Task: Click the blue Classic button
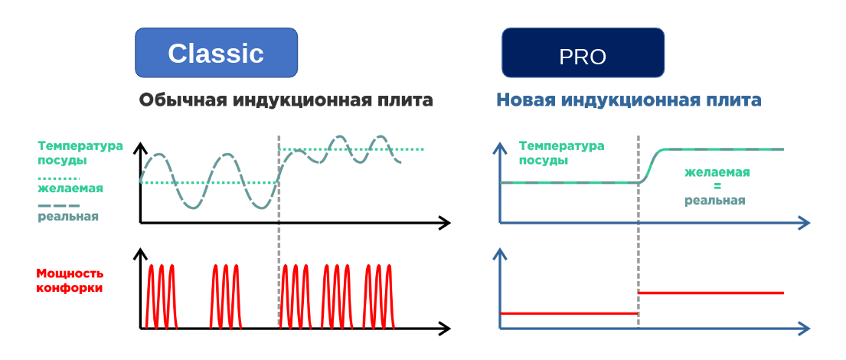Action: (x=216, y=52)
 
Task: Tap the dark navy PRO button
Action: (x=583, y=52)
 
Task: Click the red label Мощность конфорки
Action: (x=70, y=280)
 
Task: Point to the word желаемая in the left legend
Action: (x=70, y=189)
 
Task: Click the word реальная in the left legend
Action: (x=68, y=217)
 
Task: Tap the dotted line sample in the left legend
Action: (x=59, y=178)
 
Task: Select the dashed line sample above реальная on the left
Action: (x=59, y=205)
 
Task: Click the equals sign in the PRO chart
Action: (x=717, y=187)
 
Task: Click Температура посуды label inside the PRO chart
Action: (x=561, y=152)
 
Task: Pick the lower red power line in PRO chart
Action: (x=569, y=313)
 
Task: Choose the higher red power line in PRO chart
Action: (x=710, y=293)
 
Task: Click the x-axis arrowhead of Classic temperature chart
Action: (x=445, y=222)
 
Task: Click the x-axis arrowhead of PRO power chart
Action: (x=805, y=328)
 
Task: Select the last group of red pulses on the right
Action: (x=379, y=296)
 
